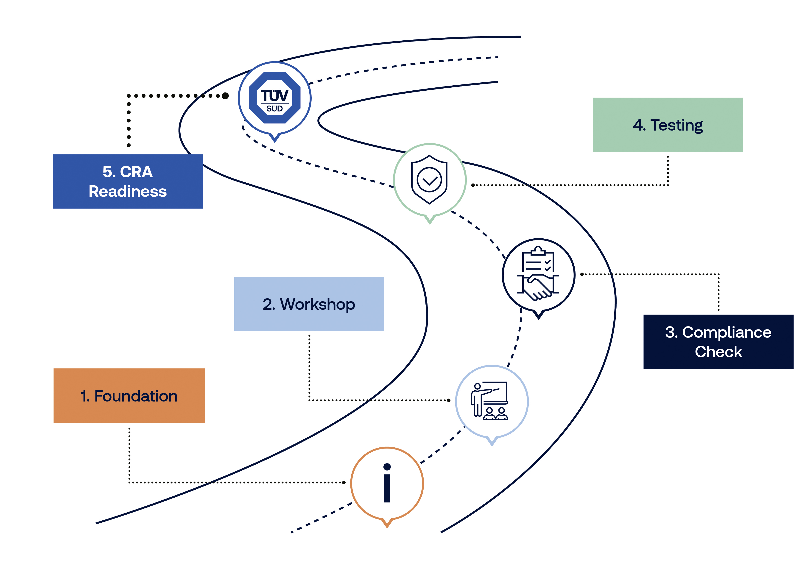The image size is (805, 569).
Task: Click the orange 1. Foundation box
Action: coord(129,396)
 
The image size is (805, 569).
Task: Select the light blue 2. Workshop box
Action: coord(309,304)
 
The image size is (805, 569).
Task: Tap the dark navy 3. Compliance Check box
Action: coord(718,342)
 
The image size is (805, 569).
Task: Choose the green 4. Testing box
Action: coord(668,125)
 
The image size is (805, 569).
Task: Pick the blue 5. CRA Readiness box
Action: coord(128,181)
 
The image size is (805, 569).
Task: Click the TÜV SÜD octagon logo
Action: coord(274,98)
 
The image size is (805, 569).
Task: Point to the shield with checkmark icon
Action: coord(429,179)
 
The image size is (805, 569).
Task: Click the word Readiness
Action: coord(128,191)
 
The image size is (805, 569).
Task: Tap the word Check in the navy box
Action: coord(718,352)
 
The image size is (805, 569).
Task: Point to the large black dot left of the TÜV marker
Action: coord(225,96)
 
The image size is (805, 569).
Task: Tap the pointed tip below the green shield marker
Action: coord(430,223)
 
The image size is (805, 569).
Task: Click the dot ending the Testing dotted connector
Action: coord(473,185)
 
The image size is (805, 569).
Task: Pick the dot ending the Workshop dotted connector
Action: coord(449,400)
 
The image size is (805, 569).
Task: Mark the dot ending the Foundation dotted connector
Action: coord(344,483)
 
